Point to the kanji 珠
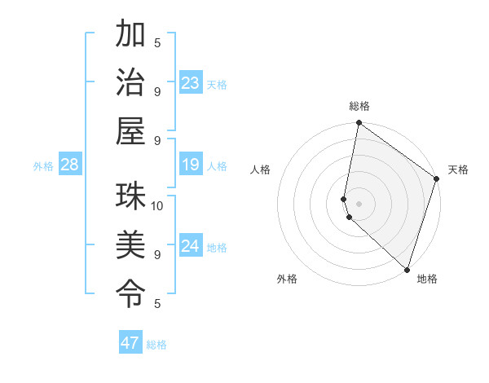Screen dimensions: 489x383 tap(130, 196)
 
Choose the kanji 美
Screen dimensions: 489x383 tap(130, 244)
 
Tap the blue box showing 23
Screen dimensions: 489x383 tap(191, 83)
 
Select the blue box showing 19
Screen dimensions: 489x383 tap(191, 165)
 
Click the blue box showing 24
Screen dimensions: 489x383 tap(191, 246)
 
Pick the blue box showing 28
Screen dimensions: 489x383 tap(69, 165)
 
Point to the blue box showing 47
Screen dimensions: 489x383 tap(130, 343)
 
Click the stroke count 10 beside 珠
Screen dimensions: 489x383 tap(157, 205)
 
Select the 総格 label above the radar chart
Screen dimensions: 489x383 tap(359, 106)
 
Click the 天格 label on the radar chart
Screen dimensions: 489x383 tap(458, 169)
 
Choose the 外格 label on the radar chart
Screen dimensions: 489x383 tap(287, 279)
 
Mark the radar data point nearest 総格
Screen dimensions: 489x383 tap(359, 124)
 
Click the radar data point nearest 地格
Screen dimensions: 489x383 tap(407, 270)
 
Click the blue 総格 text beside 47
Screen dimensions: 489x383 tap(156, 345)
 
